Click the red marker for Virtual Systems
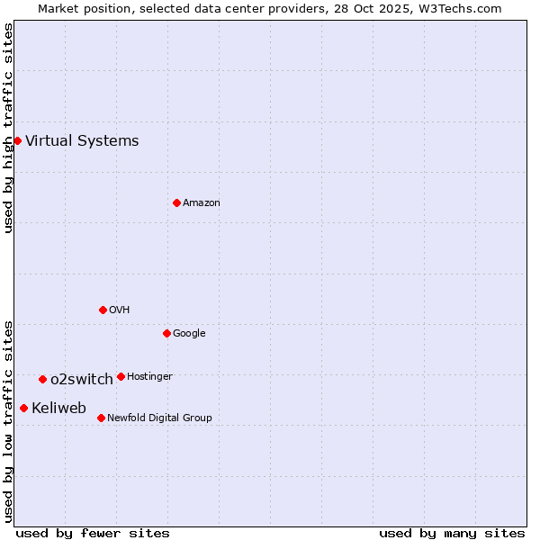click(x=17, y=140)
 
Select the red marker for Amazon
click(x=176, y=202)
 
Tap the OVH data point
click(x=103, y=310)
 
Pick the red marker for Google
click(x=166, y=333)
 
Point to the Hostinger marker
click(x=121, y=376)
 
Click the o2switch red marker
click(x=42, y=379)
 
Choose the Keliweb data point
click(x=23, y=408)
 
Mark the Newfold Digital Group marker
click(x=101, y=418)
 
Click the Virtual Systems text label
click(x=82, y=140)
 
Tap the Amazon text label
click(x=202, y=202)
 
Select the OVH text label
click(x=120, y=310)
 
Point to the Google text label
click(x=189, y=333)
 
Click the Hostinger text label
click(x=149, y=376)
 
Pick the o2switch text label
click(x=82, y=379)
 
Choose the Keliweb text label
click(x=58, y=408)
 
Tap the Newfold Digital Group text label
click(x=159, y=418)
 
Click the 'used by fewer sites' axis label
click(x=93, y=533)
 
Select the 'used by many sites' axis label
click(x=452, y=533)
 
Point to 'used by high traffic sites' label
click(x=8, y=128)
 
